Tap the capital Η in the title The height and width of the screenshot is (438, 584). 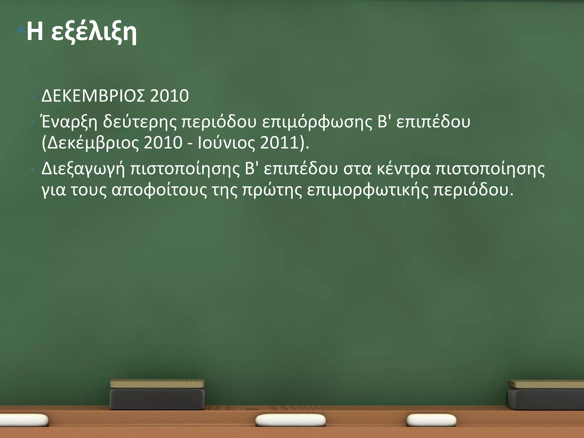[35, 31]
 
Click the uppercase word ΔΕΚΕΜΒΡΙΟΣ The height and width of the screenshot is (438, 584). [93, 96]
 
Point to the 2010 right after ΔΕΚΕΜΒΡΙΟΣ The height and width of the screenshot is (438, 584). [169, 96]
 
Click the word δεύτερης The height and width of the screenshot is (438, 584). [140, 122]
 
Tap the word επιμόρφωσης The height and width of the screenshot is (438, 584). [317, 122]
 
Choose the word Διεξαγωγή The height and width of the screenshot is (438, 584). [83, 169]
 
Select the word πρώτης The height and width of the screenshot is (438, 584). [272, 190]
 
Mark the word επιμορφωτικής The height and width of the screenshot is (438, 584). [368, 190]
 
